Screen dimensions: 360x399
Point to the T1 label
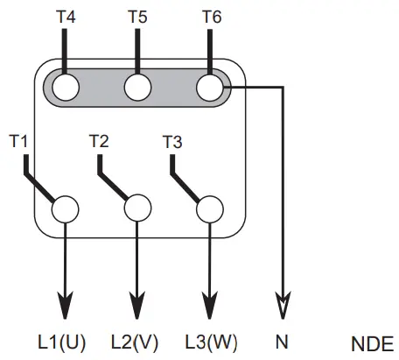[20, 139]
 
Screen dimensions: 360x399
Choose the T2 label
[99, 139]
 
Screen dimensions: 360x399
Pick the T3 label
[173, 139]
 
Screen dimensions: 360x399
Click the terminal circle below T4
[66, 88]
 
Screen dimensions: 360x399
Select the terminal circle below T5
[137, 88]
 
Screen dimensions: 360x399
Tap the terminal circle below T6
[210, 88]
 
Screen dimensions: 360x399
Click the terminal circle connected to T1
[65, 209]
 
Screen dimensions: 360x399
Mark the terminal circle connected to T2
[137, 209]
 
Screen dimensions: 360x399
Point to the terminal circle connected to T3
[209, 209]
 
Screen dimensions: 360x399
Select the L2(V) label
[136, 342]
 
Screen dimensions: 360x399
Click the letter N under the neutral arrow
[282, 342]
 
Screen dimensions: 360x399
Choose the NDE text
[373, 342]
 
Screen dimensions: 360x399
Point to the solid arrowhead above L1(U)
[65, 307]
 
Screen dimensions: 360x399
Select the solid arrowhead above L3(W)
[209, 307]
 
